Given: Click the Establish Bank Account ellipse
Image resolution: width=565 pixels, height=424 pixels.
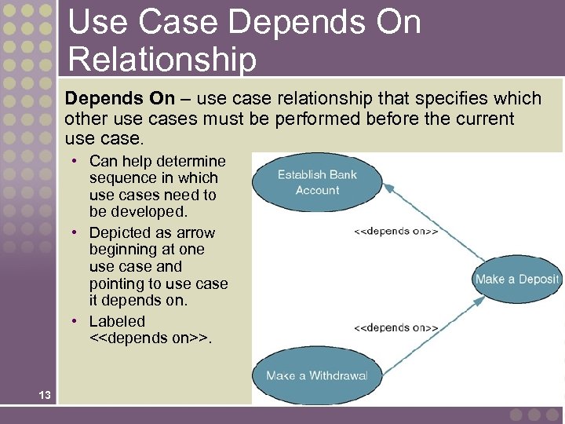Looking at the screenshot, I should (318, 182).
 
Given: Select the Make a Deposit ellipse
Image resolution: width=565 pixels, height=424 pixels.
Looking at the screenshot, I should (517, 279).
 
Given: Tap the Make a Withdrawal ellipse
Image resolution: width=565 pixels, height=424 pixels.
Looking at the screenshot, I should (316, 375).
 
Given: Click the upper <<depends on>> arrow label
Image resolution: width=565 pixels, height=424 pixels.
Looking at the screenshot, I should (396, 232).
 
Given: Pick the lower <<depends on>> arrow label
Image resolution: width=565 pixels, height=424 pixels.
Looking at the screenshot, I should (396, 327).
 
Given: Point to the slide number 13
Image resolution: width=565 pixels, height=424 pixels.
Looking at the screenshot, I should (44, 395).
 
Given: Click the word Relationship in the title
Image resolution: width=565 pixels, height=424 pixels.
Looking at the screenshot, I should (162, 59).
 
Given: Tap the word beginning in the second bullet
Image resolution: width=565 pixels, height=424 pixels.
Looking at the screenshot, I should (125, 250).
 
